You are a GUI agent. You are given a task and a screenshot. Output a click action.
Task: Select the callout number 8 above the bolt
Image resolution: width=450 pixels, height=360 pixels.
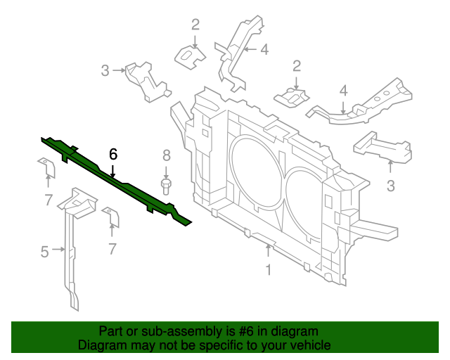(167, 155)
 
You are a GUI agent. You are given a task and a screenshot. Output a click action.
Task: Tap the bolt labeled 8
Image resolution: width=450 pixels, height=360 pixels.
(167, 186)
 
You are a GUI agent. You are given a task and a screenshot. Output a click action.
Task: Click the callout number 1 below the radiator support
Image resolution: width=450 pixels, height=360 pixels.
(268, 269)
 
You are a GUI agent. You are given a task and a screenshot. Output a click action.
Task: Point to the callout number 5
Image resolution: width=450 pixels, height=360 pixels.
(44, 251)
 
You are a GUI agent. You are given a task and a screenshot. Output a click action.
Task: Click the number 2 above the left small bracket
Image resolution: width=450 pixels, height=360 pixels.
(195, 25)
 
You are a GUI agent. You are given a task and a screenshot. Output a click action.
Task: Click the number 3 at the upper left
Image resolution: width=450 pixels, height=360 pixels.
(105, 70)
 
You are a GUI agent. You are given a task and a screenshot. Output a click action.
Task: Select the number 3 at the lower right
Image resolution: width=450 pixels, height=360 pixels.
(391, 186)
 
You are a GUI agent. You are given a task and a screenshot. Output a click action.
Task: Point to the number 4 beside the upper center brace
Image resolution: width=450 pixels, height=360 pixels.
(264, 49)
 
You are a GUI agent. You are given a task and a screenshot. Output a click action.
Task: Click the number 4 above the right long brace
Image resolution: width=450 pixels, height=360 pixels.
(344, 90)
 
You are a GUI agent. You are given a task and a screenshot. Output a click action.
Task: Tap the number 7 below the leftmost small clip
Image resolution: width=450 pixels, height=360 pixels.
(48, 200)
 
